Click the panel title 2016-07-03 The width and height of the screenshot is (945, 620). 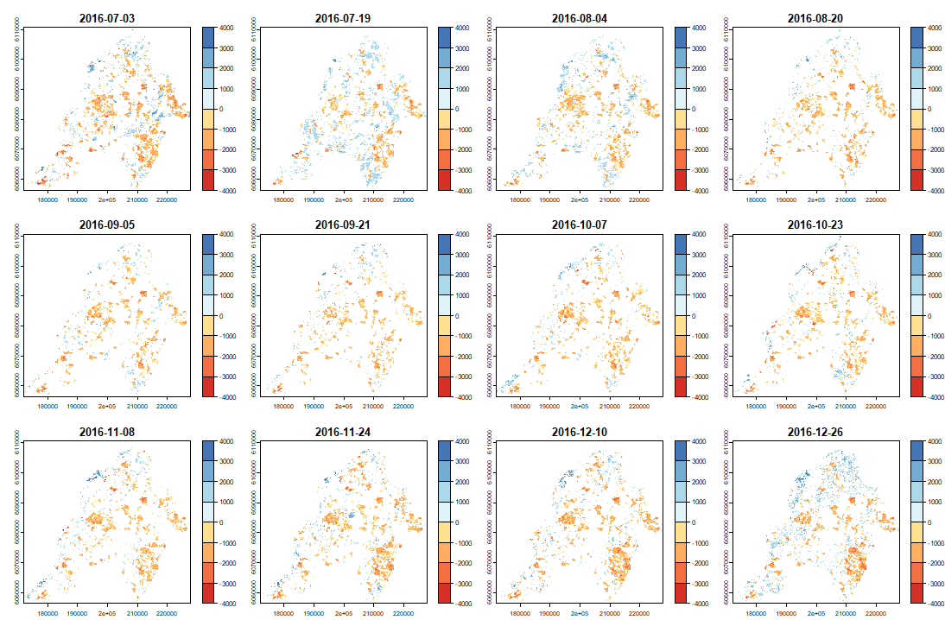pyautogui.click(x=107, y=18)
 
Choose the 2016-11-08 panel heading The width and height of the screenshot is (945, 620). pyautogui.click(x=107, y=432)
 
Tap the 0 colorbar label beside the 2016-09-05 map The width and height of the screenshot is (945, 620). pyautogui.click(x=219, y=316)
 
